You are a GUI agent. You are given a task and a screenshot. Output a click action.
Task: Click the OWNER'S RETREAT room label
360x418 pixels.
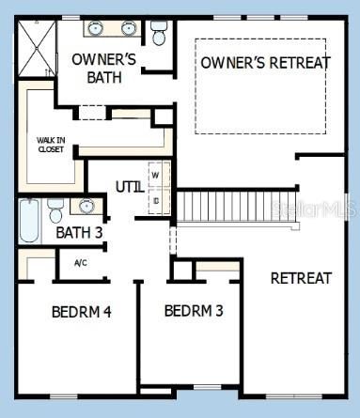pos(264,63)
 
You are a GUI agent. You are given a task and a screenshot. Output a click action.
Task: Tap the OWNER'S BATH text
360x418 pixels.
pos(103,69)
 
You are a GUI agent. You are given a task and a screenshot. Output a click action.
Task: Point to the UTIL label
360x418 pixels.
pos(130,186)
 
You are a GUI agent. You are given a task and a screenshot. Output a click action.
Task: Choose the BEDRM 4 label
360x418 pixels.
pos(82,312)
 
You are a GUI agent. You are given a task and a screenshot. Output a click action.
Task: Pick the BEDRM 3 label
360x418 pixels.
pos(193,311)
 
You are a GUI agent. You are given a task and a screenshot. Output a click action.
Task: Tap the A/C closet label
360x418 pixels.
pos(81,263)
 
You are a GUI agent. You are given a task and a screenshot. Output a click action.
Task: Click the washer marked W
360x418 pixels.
pos(155,175)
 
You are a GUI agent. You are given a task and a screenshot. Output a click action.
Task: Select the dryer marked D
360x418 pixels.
pos(155,199)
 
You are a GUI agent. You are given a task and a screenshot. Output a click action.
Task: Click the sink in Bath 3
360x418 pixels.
pos(86,206)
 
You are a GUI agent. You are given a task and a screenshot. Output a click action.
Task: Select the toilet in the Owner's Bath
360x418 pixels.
pos(158,34)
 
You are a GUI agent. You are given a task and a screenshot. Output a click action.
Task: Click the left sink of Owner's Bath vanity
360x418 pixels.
pos(96,28)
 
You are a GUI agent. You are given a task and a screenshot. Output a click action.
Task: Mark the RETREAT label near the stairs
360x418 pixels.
pos(301,278)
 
